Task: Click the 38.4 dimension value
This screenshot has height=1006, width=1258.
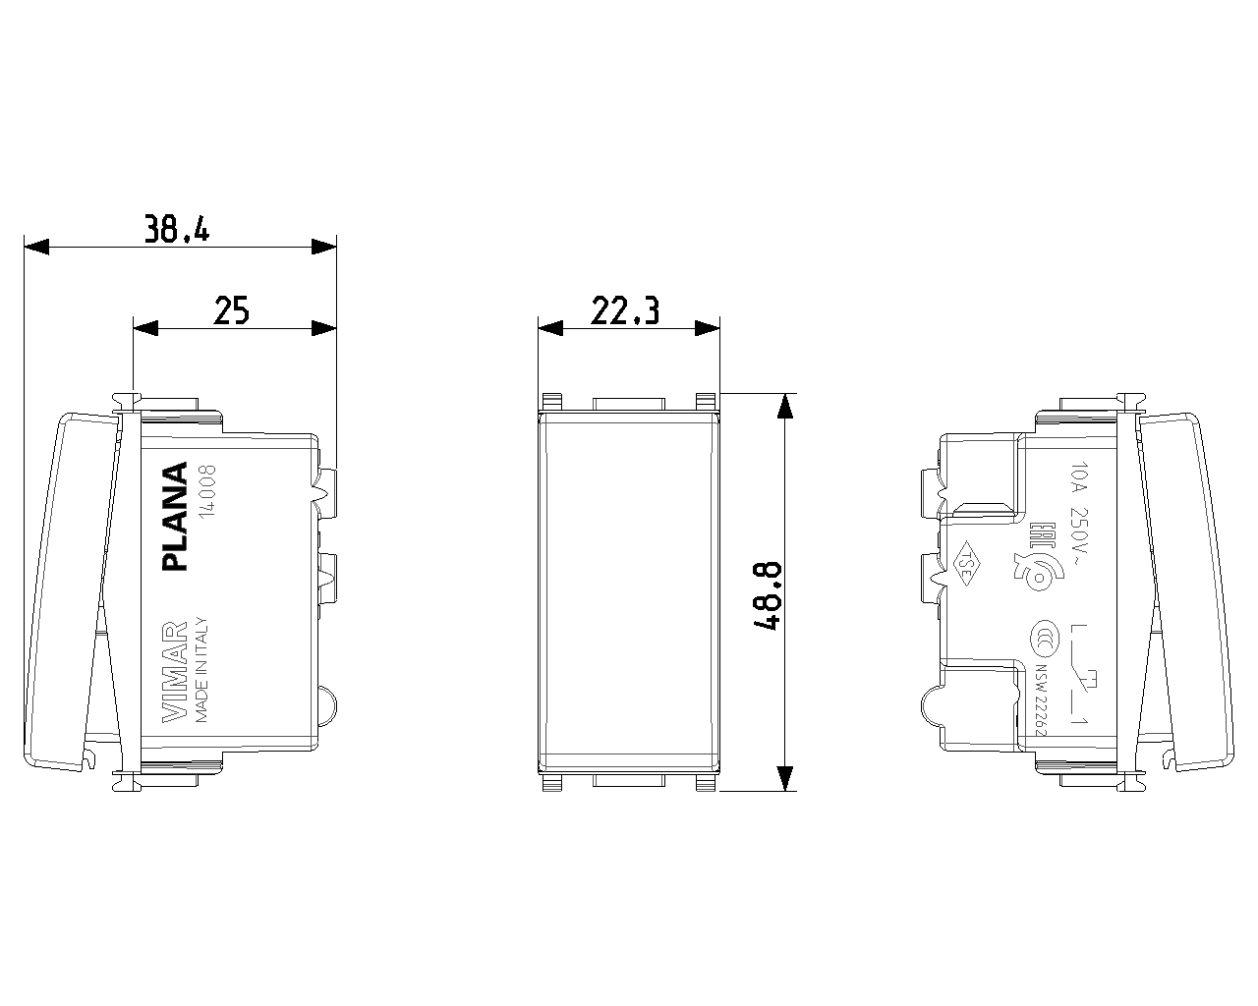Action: click(x=177, y=229)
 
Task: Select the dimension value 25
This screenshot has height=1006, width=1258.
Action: click(x=232, y=310)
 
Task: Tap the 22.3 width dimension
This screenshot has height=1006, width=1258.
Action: click(x=625, y=310)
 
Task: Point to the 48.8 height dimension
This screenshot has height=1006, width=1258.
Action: click(x=767, y=595)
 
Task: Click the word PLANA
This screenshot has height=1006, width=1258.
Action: click(x=174, y=516)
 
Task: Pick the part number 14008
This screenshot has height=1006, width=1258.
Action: click(x=207, y=491)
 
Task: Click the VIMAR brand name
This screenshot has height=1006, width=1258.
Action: click(x=174, y=672)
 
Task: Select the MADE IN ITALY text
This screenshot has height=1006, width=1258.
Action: click(x=201, y=670)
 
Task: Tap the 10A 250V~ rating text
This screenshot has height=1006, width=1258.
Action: click(x=1079, y=515)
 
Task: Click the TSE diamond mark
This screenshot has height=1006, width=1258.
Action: click(x=967, y=564)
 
